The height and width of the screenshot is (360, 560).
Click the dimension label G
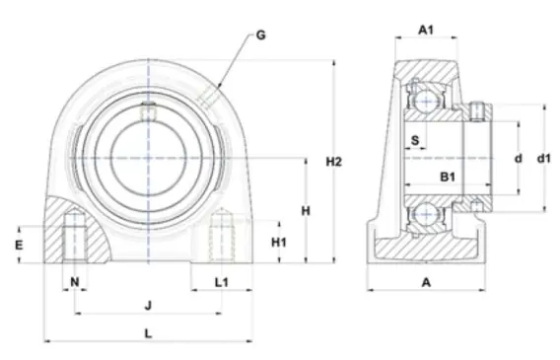(261, 35)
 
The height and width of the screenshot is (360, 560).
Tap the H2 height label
(334, 162)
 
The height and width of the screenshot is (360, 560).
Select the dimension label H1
(279, 243)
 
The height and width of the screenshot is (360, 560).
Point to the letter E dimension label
(19, 245)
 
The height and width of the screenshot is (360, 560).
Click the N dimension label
(75, 282)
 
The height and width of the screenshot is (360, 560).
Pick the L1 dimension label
(222, 282)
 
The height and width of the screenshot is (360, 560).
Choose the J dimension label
(148, 306)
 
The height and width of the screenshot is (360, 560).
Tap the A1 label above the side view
(426, 30)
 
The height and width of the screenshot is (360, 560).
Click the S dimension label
(415, 140)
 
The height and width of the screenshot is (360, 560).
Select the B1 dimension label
(448, 177)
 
